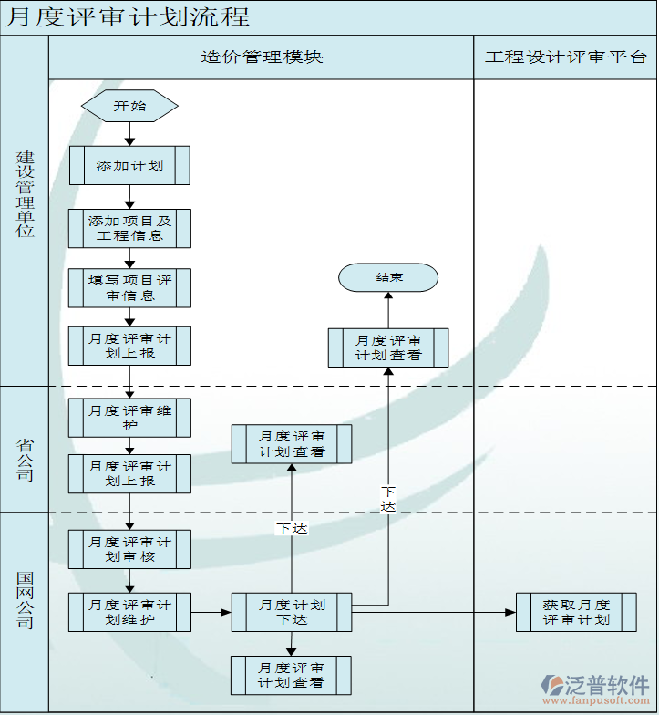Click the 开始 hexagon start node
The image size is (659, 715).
tap(129, 106)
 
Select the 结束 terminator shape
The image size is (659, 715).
tap(388, 277)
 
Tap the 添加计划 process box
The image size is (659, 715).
tap(129, 165)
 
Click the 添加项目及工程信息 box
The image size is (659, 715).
tap(129, 228)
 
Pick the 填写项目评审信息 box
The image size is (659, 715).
tap(129, 287)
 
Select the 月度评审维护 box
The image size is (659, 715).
tap(129, 418)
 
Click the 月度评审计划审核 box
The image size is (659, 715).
tap(129, 548)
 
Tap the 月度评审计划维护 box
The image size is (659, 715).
tap(129, 612)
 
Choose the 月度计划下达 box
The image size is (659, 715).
tap(292, 612)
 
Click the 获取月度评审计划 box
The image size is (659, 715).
tap(576, 612)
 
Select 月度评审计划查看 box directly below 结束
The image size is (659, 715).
tap(388, 347)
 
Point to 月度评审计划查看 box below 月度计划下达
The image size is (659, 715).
tap(292, 675)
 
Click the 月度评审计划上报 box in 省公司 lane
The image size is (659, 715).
tap(129, 473)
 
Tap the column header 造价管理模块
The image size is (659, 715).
tap(262, 57)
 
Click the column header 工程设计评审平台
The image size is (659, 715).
tap(565, 57)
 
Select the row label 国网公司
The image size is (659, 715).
tap(25, 600)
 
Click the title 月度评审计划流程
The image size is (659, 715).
tap(128, 17)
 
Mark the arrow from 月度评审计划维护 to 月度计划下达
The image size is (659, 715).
tap(211, 612)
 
